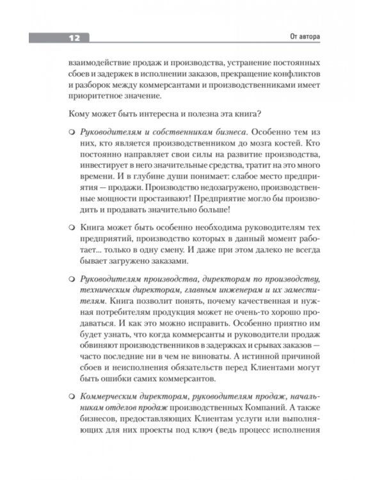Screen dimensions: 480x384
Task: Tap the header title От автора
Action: pos(301,37)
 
